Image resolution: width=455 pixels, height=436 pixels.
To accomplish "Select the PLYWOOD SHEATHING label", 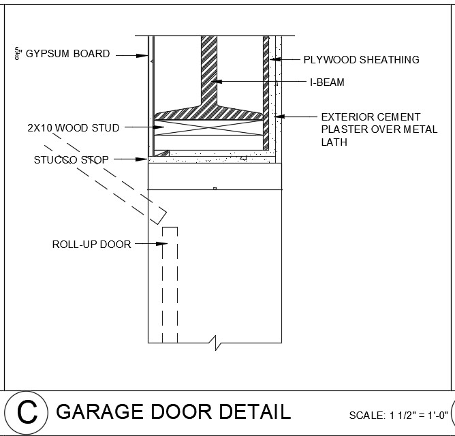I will [x=361, y=60].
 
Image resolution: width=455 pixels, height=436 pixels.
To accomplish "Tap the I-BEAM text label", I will [x=327, y=82].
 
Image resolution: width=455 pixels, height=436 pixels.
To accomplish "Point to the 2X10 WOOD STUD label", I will [x=74, y=127].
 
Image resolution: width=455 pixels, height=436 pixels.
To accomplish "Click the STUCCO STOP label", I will [x=71, y=160].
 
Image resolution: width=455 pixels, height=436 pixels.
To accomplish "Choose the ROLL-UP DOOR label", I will [x=91, y=244].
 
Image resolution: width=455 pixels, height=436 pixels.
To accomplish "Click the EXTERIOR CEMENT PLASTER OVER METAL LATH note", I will [x=379, y=129].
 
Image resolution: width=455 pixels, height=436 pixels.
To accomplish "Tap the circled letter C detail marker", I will [x=27, y=412].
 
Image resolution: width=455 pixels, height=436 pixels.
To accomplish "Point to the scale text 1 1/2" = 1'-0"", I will [x=418, y=415].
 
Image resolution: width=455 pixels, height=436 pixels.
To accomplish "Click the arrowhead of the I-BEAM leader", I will [x=213, y=82].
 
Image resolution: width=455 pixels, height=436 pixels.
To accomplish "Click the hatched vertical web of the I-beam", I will [x=208, y=68].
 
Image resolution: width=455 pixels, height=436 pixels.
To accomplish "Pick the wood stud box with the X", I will [x=209, y=127].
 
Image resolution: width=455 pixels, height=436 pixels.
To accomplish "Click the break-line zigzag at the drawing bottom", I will [x=217, y=342].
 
